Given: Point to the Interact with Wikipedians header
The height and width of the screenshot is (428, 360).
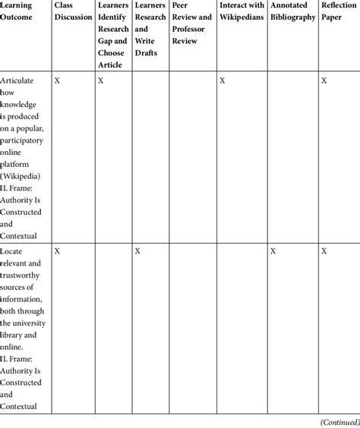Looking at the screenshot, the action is tap(242, 11).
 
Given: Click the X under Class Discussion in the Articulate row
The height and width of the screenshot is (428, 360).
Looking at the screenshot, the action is tap(58, 80).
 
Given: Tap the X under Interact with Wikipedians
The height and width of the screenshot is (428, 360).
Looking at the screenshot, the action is tap(222, 80).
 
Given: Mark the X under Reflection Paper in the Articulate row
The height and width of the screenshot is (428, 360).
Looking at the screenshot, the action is tap(324, 80).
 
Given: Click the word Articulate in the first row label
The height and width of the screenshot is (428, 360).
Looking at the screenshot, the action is tap(18, 80).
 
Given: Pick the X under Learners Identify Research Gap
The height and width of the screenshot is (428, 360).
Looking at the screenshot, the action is tap(101, 80).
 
